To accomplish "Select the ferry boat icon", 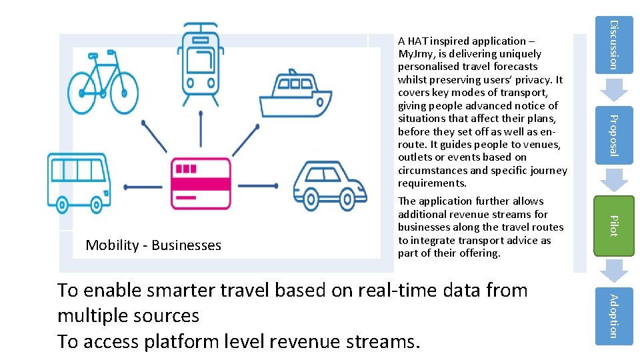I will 295,97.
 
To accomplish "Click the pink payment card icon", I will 201,183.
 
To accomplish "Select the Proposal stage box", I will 614,135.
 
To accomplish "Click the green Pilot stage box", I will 614,225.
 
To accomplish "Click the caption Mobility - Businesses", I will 153,245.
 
